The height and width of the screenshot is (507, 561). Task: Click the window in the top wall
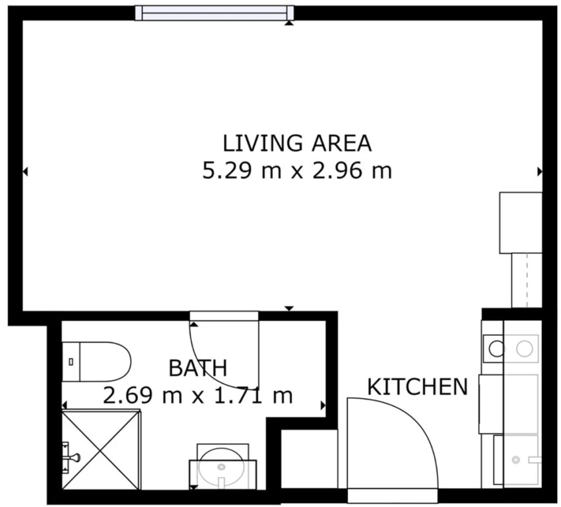pyautogui.click(x=214, y=13)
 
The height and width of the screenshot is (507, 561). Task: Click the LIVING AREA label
pyautogui.click(x=297, y=143)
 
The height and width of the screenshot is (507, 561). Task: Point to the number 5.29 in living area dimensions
pyautogui.click(x=228, y=171)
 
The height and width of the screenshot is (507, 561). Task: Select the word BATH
pyautogui.click(x=198, y=368)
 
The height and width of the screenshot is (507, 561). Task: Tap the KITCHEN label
pyautogui.click(x=418, y=386)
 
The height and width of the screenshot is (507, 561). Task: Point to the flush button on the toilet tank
pyautogui.click(x=71, y=362)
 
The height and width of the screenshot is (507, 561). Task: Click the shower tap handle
pyautogui.click(x=75, y=457)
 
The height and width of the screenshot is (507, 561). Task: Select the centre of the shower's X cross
pyautogui.click(x=100, y=450)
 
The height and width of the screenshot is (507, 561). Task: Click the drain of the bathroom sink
pyautogui.click(x=222, y=467)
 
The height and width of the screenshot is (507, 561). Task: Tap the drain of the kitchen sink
pyautogui.click(x=515, y=459)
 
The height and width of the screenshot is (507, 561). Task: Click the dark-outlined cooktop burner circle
pyautogui.click(x=496, y=349)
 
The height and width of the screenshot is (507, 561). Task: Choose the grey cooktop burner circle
pyautogui.click(x=525, y=349)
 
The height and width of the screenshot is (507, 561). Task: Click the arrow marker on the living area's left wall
pyautogui.click(x=25, y=172)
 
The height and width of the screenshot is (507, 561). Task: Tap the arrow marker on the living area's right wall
pyautogui.click(x=540, y=172)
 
